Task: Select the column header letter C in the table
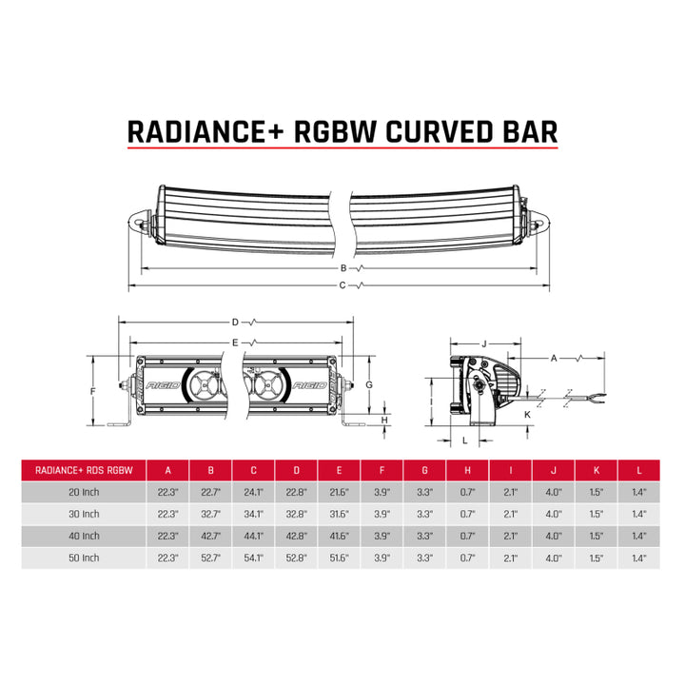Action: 254,470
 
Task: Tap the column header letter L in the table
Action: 639,470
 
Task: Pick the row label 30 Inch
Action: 84,514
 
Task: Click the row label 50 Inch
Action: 84,558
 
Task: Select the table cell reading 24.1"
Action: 254,492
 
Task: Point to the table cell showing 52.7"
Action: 211,558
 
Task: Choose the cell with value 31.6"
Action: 340,514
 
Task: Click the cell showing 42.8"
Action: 297,536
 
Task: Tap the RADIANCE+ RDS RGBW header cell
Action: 84,470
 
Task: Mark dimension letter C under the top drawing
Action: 343,283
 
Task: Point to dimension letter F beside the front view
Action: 93,391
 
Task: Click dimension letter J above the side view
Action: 484,342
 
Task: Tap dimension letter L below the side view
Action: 464,440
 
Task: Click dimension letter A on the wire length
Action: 554,357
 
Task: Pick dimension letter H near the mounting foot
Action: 383,420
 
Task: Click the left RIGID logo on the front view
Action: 161,387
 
